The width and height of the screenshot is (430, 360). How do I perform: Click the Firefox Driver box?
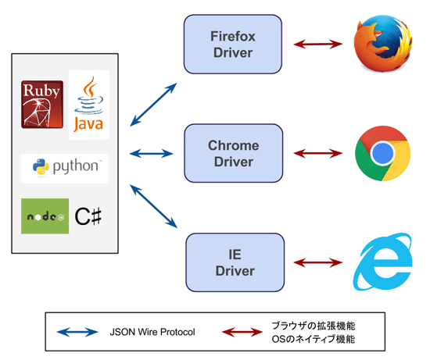tap(233, 44)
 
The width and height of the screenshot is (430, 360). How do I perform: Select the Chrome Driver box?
tap(234, 153)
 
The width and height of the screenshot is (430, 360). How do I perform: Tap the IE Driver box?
tap(235, 262)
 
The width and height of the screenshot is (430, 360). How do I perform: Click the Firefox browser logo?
tap(383, 43)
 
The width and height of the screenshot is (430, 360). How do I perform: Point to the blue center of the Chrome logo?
tap(383, 153)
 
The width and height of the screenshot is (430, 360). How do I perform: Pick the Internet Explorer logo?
tap(383, 262)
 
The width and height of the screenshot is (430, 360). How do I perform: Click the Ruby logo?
tap(42, 105)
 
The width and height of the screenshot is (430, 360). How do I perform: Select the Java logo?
tap(89, 105)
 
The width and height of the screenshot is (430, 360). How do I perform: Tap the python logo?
tap(65, 168)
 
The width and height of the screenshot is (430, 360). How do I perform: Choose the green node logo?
tap(45, 216)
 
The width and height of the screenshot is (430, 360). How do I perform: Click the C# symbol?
tap(88, 216)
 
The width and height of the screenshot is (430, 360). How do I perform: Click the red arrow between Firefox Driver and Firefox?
tap(318, 44)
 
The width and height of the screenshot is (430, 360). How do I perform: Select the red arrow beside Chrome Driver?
tap(318, 153)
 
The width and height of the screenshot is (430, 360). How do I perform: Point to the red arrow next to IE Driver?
tap(318, 262)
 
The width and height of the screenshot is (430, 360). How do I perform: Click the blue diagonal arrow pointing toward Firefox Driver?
tap(153, 105)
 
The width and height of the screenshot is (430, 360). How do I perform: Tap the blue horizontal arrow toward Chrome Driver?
tap(151, 153)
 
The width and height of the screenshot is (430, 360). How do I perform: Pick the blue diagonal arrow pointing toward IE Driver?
tap(153, 206)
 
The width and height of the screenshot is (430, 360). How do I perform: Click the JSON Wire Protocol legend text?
tap(152, 332)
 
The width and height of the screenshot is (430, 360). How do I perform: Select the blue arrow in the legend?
tap(77, 332)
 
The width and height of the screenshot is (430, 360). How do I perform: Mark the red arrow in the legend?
tap(242, 332)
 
